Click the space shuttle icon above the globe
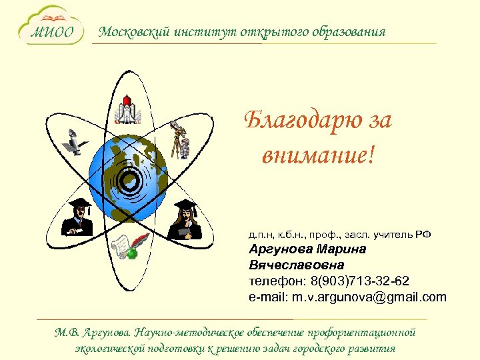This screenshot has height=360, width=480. pyautogui.click(x=126, y=111)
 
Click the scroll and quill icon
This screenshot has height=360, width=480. pyautogui.click(x=125, y=247)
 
